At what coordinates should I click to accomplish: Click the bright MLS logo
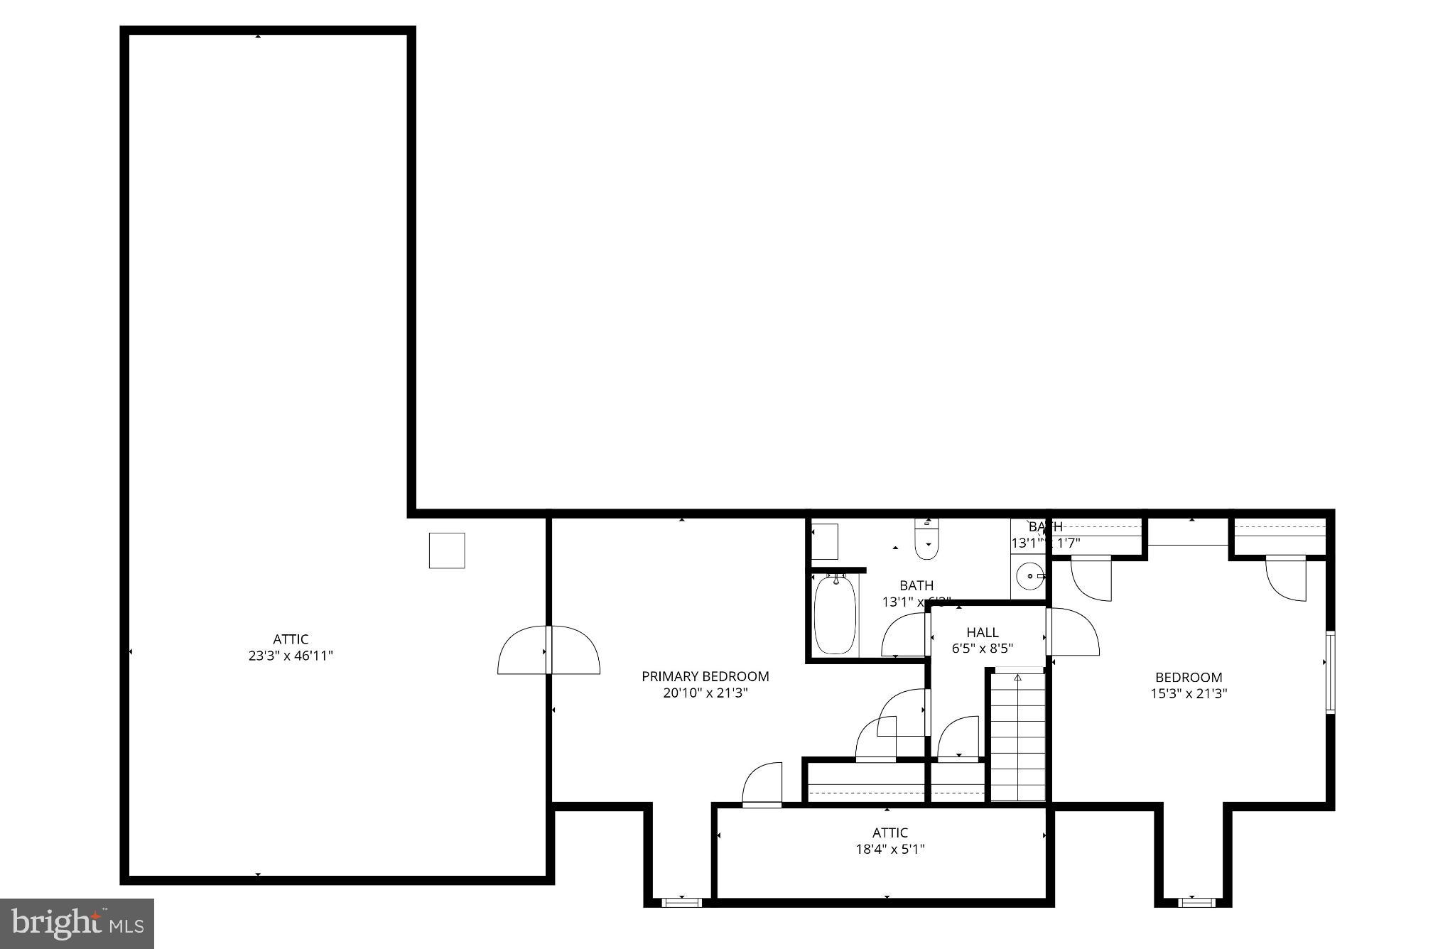(x=77, y=923)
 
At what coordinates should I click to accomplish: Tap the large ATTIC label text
(x=291, y=639)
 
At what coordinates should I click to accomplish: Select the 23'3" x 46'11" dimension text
(x=291, y=656)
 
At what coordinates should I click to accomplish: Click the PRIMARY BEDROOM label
(x=705, y=676)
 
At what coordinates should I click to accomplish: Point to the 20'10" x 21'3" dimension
(x=705, y=693)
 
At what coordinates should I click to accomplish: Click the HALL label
(x=982, y=632)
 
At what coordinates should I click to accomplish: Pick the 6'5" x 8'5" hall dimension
(x=982, y=649)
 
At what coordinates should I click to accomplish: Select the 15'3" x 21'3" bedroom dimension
(x=1189, y=694)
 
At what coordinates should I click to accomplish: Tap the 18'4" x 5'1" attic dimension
(x=889, y=849)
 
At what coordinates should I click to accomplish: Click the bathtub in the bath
(x=835, y=615)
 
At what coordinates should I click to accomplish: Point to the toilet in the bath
(x=927, y=540)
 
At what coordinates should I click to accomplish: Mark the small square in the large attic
(x=447, y=551)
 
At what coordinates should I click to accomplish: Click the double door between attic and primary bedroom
(x=548, y=650)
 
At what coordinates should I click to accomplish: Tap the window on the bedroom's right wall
(x=1330, y=671)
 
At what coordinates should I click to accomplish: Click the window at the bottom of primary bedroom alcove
(x=681, y=903)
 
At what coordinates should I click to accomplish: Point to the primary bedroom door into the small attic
(x=762, y=786)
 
